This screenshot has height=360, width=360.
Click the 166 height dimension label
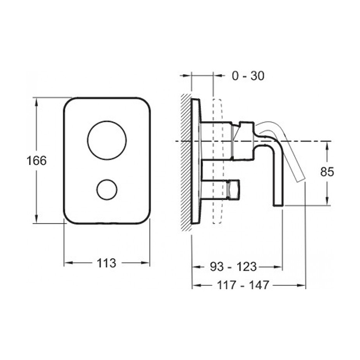coord(37,160)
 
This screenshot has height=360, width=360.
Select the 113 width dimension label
coord(106,263)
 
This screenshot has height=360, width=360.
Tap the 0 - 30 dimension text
coord(248,76)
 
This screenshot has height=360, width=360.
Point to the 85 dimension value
coord(327,171)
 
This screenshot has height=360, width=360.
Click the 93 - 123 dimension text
coord(233,267)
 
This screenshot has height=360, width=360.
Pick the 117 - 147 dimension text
coord(243,285)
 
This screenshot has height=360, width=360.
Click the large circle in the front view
coord(107,140)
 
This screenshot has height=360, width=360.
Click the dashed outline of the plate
coord(218,161)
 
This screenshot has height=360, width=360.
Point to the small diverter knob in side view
coord(233,188)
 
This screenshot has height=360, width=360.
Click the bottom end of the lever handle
coord(278,206)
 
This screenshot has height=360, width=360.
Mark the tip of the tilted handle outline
coord(302,179)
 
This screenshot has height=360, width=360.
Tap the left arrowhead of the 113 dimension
coord(68,263)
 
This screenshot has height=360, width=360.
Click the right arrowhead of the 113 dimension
coord(145,263)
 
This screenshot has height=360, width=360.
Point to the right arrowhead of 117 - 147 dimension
coord(301,285)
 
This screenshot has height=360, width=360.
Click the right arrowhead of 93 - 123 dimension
coord(278,267)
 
